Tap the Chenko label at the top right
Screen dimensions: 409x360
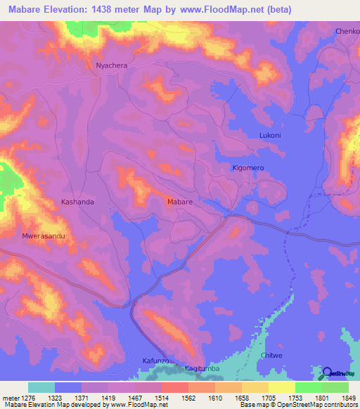pyautogui.click(x=347, y=32)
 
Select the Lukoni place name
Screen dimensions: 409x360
pyautogui.click(x=270, y=135)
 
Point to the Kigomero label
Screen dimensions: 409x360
pyautogui.click(x=248, y=169)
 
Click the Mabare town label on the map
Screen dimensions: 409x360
pyautogui.click(x=180, y=202)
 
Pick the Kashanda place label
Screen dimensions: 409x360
pyautogui.click(x=77, y=202)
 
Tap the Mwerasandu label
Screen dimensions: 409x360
pyautogui.click(x=44, y=236)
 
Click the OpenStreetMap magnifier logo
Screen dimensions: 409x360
pyautogui.click(x=326, y=373)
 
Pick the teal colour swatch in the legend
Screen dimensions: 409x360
pyautogui.click(x=41, y=387)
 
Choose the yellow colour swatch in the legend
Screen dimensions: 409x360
pyautogui.click(x=281, y=387)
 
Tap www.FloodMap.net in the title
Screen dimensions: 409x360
pyautogui.click(x=216, y=10)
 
